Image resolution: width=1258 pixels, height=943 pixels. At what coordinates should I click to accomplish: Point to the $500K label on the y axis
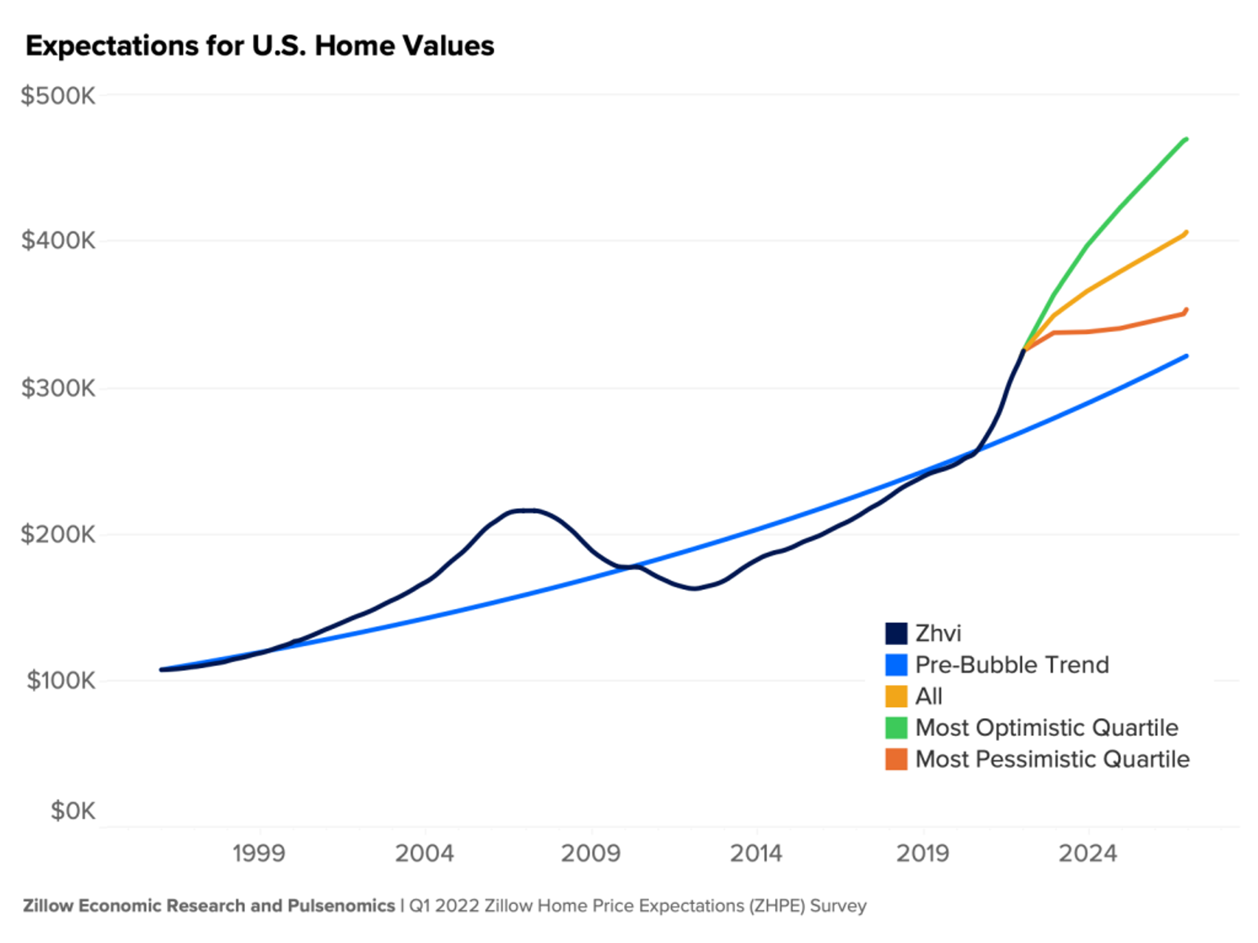(x=58, y=96)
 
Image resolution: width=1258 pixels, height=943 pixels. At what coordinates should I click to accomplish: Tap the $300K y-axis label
(x=58, y=388)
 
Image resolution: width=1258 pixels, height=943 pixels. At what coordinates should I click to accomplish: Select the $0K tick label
(x=73, y=811)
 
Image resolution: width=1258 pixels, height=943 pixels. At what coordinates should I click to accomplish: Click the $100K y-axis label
(x=61, y=680)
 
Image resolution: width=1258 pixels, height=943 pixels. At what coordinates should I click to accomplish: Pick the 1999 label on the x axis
(x=259, y=854)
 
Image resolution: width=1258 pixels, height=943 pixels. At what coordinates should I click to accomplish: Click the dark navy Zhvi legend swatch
(x=896, y=633)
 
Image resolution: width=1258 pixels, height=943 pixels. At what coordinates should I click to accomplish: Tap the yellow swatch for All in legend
(x=896, y=696)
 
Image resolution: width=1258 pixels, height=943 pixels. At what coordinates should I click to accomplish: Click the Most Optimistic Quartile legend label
(x=1046, y=728)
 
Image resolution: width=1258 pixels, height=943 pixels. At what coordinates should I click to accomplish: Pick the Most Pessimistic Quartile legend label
(x=1052, y=759)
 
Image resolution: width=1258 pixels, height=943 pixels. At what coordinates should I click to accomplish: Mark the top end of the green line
(x=1186, y=139)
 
